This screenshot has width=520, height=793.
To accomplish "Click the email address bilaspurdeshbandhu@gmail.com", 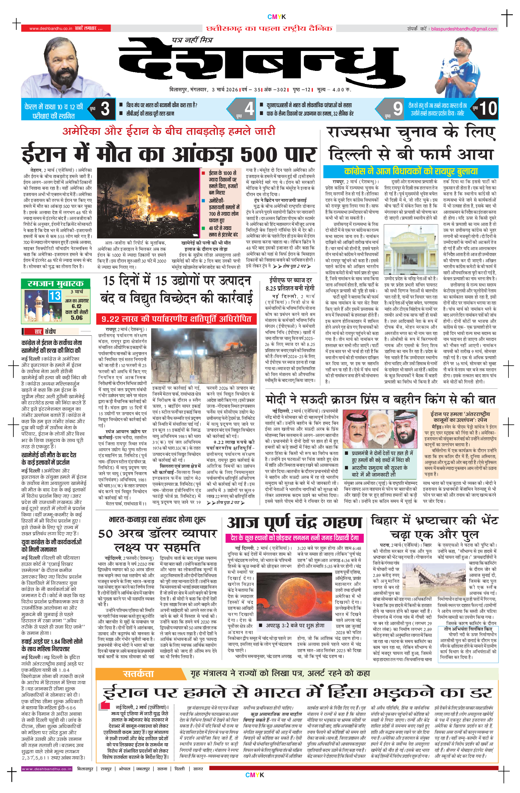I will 464,29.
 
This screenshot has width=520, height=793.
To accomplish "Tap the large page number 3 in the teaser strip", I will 105,109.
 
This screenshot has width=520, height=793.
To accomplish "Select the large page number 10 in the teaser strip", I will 488,108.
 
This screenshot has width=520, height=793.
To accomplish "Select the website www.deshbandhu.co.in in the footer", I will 47,769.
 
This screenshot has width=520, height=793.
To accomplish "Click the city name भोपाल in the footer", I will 124,769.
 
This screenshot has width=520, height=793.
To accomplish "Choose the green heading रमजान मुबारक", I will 55,284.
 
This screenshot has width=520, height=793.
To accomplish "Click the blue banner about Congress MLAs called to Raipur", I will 411,172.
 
